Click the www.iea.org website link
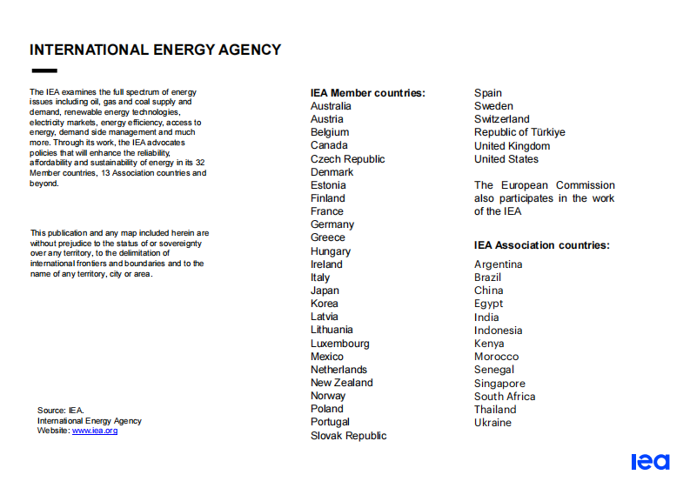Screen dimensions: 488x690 click(x=95, y=431)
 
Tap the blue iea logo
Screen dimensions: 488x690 click(x=650, y=462)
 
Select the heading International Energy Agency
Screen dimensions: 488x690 click(x=156, y=50)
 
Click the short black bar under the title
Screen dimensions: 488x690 click(x=44, y=70)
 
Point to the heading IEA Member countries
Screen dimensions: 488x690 click(x=367, y=93)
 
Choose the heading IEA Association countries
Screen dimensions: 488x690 click(x=541, y=245)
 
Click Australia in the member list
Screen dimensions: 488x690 click(x=331, y=106)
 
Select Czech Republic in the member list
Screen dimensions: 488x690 click(x=347, y=159)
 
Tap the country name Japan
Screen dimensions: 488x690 click(x=325, y=291)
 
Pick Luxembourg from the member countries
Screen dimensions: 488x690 click(x=339, y=344)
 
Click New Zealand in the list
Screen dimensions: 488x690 click(x=341, y=383)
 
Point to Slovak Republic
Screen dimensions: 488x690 click(x=348, y=436)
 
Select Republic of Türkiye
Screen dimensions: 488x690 click(x=519, y=132)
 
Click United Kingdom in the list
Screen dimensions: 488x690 click(x=512, y=146)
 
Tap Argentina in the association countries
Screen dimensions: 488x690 click(x=498, y=264)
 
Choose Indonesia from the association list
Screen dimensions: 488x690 click(x=498, y=331)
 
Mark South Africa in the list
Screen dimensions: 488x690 click(x=505, y=397)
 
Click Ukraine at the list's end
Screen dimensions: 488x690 click(x=492, y=423)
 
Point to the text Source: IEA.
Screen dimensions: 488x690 click(x=61, y=410)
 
